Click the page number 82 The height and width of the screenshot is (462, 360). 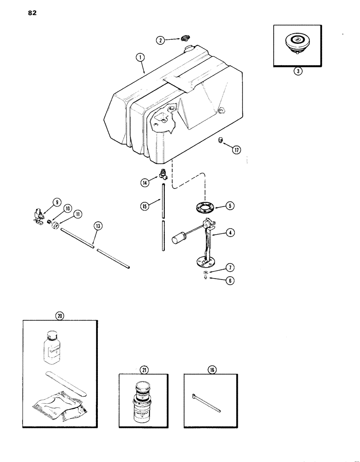pos(32,13)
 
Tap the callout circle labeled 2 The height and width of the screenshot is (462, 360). pos(160,40)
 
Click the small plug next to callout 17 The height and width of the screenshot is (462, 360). pos(221,140)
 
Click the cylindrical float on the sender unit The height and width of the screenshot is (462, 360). pos(178,239)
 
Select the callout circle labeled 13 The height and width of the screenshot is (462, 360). pos(98,226)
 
